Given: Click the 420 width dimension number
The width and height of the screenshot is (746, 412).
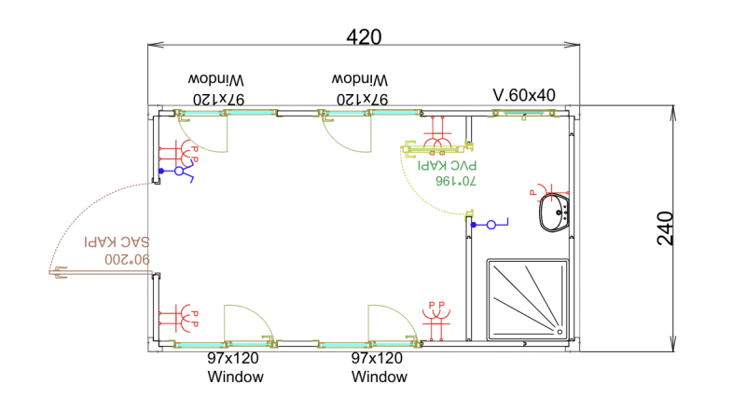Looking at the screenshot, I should coord(364,36).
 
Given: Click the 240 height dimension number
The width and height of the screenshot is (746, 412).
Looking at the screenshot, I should coord(665,228).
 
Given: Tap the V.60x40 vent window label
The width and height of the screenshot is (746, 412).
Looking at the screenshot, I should coord(524,95).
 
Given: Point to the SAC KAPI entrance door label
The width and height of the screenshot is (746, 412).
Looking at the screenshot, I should coord(117,242).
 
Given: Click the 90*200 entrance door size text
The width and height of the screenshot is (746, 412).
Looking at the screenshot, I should coord(117,258).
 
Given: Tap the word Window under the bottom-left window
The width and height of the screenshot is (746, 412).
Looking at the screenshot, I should coord(235,378).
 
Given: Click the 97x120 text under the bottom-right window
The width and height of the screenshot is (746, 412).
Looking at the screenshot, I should coord(377,359).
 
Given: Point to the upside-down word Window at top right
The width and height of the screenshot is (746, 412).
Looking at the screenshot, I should coord(361,80).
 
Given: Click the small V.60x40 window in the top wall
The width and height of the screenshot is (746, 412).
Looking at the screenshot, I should coord(522,114).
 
